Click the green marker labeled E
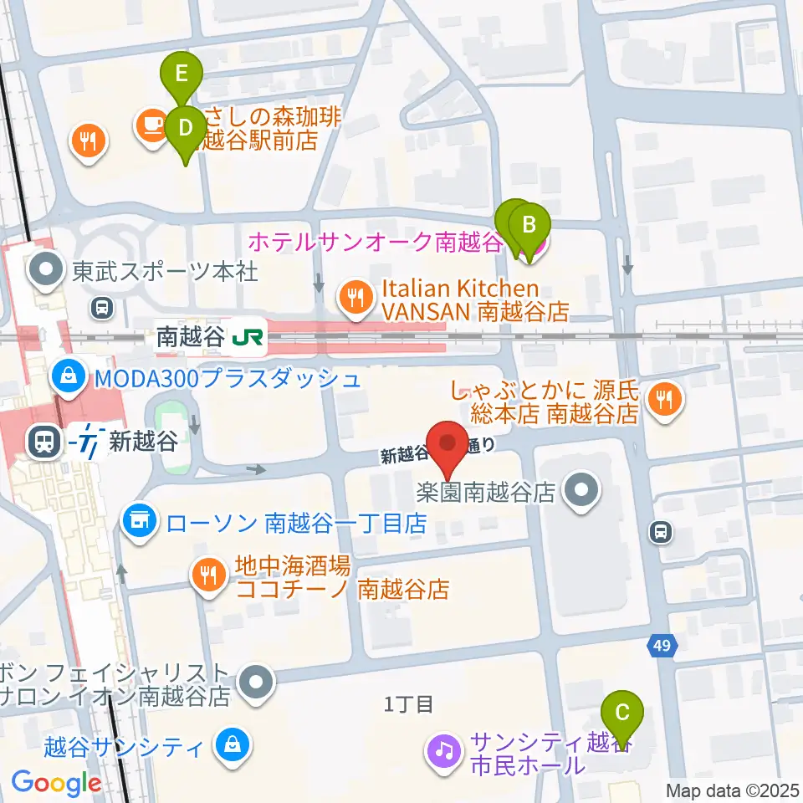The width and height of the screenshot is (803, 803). click(x=182, y=74)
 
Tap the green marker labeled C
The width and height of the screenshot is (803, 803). click(x=621, y=713)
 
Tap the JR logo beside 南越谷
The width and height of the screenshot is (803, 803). click(x=248, y=337)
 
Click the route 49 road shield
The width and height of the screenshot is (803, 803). click(x=662, y=645)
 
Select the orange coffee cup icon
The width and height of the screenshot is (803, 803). click(x=151, y=125)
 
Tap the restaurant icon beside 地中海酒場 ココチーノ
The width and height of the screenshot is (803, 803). click(x=206, y=575)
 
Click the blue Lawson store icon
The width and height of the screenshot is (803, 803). click(x=139, y=524)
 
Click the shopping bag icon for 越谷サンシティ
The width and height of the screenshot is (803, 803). click(x=230, y=744)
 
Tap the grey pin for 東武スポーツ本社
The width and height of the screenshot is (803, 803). click(x=45, y=270)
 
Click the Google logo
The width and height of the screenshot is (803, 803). click(x=56, y=783)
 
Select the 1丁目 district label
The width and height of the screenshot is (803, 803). click(x=408, y=704)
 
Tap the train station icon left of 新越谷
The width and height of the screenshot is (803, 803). click(x=42, y=441)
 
